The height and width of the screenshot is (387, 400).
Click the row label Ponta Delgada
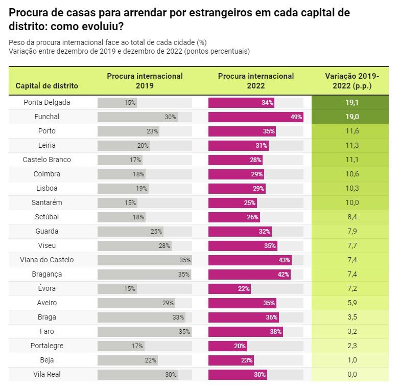(46, 102)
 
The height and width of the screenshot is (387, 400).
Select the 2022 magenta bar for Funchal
(255, 117)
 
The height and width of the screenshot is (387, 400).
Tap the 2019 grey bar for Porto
(128, 131)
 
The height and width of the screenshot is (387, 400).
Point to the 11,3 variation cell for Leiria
(352, 145)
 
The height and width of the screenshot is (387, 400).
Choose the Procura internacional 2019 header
(145, 81)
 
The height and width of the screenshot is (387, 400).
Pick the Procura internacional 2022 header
(256, 81)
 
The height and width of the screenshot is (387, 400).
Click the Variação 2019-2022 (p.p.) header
(352, 81)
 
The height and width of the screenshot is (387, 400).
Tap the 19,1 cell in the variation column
(352, 102)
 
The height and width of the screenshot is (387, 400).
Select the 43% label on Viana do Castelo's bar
(285, 260)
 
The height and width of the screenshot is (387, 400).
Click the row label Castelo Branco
(46, 160)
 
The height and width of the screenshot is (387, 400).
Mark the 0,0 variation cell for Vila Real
(352, 374)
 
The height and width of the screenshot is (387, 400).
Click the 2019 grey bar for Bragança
(144, 274)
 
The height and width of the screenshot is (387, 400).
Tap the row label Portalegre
(46, 346)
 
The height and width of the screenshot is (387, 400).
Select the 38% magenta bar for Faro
(245, 331)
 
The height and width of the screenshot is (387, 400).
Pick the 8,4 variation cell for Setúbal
(352, 217)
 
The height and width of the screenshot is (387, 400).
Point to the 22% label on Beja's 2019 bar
(150, 360)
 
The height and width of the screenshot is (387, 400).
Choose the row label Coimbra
(46, 174)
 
